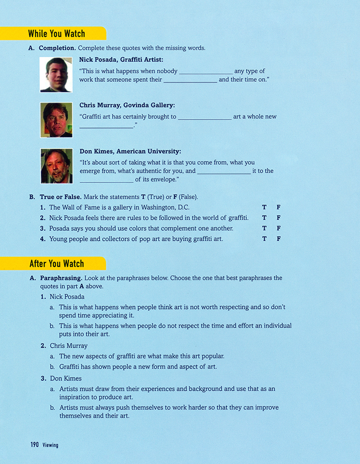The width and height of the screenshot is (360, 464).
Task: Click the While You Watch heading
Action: [56, 34]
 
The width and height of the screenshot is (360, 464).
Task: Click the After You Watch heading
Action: [56, 264]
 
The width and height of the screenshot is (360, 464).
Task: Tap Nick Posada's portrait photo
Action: [56, 74]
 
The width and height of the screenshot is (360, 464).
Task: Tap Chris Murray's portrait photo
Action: [56, 120]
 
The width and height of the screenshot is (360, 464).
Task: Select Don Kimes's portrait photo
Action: [56, 166]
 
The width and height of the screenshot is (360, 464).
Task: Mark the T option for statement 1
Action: [265, 208]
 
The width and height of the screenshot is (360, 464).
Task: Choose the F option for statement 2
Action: [279, 218]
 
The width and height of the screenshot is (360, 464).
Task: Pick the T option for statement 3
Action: [265, 228]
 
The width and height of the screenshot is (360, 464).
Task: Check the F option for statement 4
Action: [279, 239]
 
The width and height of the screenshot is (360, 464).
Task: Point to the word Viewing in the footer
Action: [50, 445]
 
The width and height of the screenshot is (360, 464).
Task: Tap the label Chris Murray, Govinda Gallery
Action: [127, 105]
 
